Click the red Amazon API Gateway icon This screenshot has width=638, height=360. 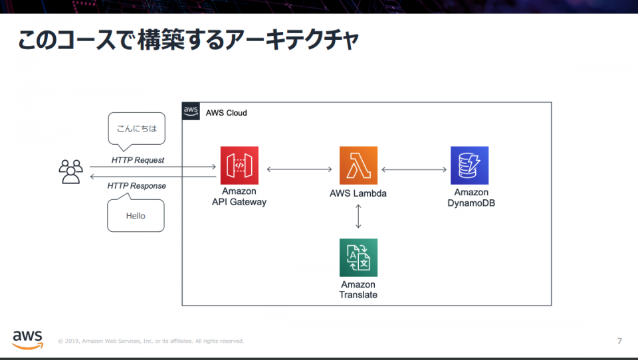coord(239,165)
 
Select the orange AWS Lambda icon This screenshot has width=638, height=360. coord(358,165)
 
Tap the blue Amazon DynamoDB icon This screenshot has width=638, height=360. coord(469,165)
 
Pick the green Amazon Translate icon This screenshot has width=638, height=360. coord(358,258)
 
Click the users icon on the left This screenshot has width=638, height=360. coord(70,171)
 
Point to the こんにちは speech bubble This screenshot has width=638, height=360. coord(136,128)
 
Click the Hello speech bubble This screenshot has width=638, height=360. coord(136,215)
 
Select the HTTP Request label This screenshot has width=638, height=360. coord(138,160)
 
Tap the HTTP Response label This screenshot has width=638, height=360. coord(137,186)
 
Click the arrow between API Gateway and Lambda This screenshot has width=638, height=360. coord(298,169)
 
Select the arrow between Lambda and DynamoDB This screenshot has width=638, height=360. coord(414,169)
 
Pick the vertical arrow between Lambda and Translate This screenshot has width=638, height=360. coord(358,217)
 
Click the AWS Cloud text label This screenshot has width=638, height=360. coord(226,113)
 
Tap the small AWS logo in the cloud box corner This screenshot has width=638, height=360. coord(191,111)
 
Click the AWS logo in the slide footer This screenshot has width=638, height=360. coord(27,339)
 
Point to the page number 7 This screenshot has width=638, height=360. coord(619,341)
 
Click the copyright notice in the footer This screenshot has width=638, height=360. coord(151,341)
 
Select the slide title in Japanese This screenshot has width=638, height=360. coord(188,40)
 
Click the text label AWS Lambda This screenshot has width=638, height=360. coord(358,194)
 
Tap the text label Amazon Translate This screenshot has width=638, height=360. coord(358,290)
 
